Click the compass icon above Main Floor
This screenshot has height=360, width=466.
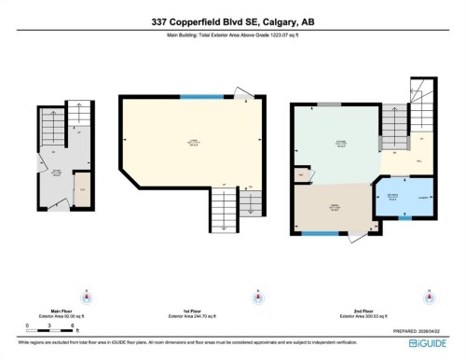86,298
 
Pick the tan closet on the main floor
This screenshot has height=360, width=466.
81,189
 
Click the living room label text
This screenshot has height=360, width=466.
192,143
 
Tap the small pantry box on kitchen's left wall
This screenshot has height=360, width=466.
300,174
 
